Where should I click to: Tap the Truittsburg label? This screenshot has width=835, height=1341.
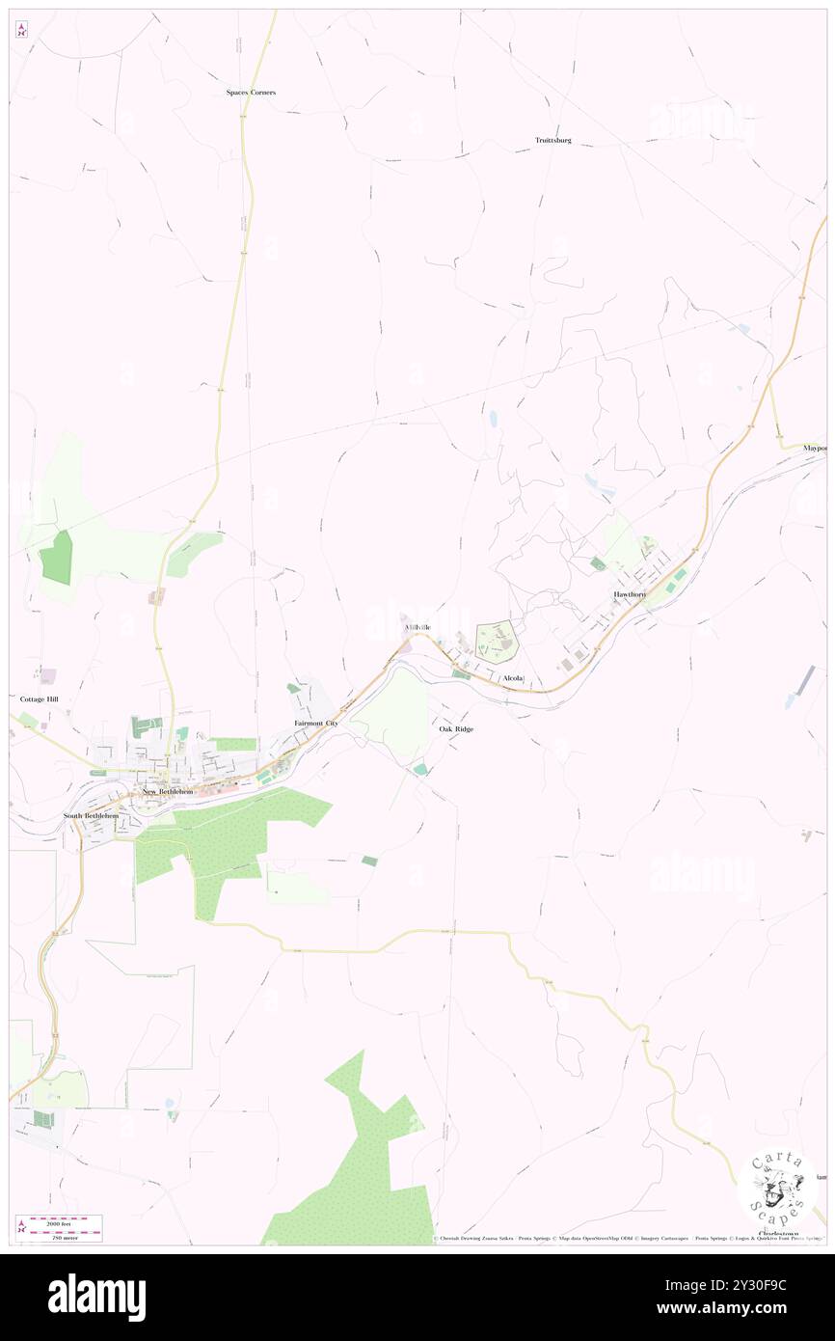click(x=553, y=141)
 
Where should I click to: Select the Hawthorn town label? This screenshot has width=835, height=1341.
click(x=630, y=594)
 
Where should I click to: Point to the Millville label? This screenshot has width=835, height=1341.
click(x=417, y=628)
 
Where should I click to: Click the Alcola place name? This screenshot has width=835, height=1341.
click(x=512, y=678)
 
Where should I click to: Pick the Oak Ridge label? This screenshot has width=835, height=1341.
click(x=456, y=729)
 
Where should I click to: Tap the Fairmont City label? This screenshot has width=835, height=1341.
click(x=316, y=723)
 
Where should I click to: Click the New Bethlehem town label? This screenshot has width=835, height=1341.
click(x=168, y=792)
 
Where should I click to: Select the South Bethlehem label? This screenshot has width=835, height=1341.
click(x=92, y=816)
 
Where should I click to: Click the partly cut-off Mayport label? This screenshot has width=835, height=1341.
click(x=816, y=449)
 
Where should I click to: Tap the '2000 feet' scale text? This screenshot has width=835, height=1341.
click(x=65, y=1219)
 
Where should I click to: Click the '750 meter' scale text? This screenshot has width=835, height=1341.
click(x=65, y=1234)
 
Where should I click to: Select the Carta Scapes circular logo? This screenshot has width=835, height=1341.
click(x=777, y=1186)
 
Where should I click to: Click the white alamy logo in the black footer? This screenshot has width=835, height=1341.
click(x=96, y=1298)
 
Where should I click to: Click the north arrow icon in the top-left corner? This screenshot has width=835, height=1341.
click(x=21, y=30)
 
